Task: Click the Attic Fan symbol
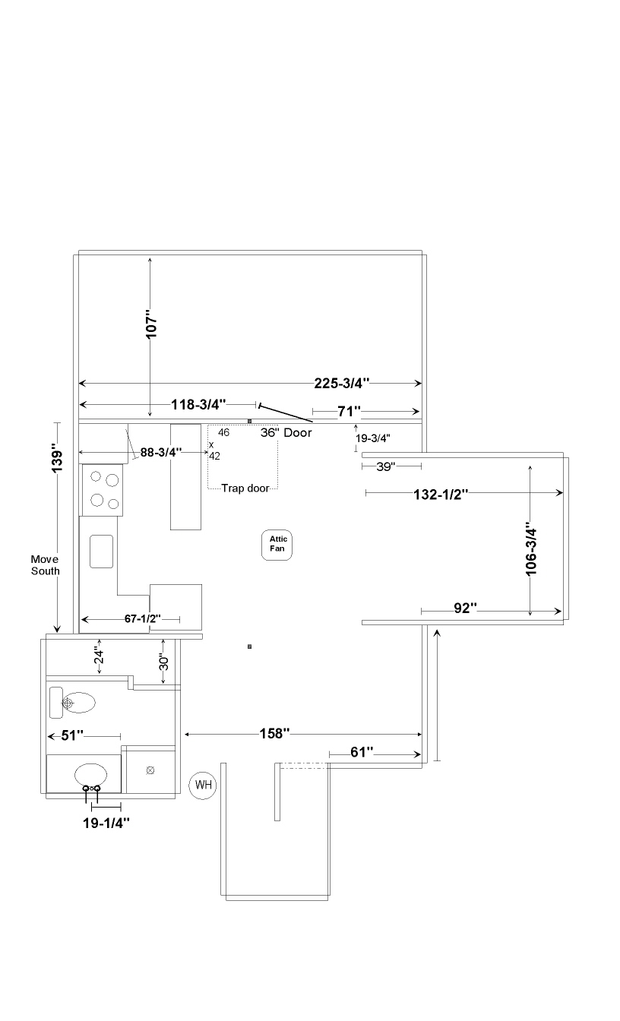click(277, 545)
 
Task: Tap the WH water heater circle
click(203, 786)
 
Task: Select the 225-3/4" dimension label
click(341, 384)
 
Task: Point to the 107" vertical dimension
click(151, 324)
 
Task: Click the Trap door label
click(245, 488)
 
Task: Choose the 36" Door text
click(286, 432)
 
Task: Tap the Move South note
click(45, 565)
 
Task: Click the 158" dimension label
click(274, 733)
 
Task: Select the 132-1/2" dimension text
click(441, 495)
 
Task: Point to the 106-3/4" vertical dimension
click(531, 552)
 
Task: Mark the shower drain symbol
click(150, 770)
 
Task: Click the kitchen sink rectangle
click(101, 552)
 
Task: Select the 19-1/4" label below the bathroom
click(106, 823)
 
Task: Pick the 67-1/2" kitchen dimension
click(143, 618)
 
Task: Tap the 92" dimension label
click(466, 608)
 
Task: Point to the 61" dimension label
click(362, 752)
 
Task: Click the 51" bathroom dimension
click(72, 735)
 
